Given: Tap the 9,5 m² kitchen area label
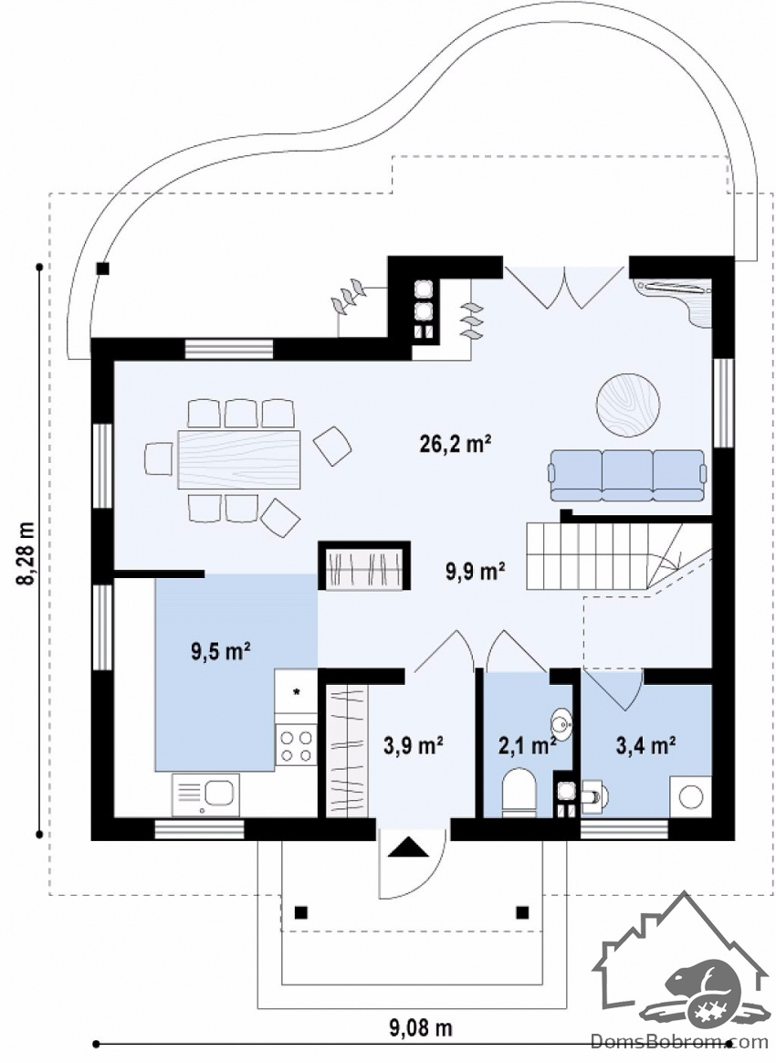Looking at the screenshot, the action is (221, 652).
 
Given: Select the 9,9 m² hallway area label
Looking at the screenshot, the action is (475, 571).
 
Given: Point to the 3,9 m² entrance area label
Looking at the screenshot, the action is (414, 745).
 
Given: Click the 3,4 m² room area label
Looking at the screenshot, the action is (645, 746).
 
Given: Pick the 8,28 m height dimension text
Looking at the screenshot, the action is (27, 553).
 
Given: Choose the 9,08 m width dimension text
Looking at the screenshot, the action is (420, 1028).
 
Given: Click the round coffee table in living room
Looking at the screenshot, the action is (628, 405).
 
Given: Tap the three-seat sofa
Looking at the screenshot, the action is (627, 475).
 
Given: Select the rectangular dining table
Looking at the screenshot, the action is (238, 459).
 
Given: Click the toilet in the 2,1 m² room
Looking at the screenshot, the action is (519, 791).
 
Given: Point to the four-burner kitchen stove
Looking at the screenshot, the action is (296, 744).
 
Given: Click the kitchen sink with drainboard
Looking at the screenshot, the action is (204, 795).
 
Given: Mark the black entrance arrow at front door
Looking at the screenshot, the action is (404, 847).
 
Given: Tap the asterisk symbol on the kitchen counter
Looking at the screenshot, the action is (296, 692).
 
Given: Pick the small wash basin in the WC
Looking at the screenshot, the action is (561, 722).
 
